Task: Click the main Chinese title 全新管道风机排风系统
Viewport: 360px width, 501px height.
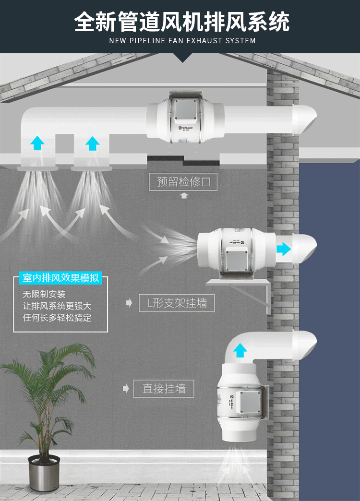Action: point(182,22)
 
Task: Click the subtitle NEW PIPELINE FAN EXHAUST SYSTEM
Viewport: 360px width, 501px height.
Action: point(182,41)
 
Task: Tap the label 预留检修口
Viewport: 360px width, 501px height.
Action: point(183,182)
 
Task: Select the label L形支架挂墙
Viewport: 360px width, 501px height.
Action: point(177,303)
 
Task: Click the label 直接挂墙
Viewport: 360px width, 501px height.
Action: point(164,388)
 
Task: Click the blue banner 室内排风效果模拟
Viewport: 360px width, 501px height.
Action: point(60,278)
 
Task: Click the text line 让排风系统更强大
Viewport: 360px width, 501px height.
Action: point(57,306)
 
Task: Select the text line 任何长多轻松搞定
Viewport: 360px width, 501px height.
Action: point(57,317)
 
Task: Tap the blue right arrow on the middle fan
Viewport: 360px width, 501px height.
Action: point(285,249)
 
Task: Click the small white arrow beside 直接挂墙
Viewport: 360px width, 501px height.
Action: point(126,388)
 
